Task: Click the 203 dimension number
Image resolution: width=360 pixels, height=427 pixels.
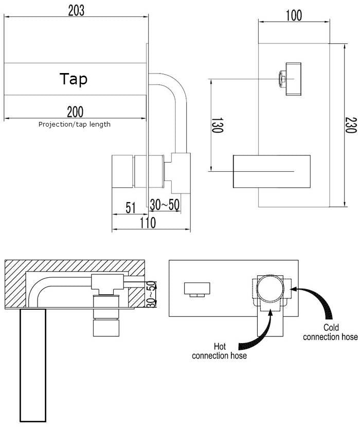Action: [76, 10]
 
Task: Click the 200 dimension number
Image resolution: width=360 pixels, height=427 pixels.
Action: [76, 111]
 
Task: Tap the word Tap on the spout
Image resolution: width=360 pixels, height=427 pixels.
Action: [74, 79]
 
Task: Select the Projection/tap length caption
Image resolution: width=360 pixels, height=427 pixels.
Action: [75, 124]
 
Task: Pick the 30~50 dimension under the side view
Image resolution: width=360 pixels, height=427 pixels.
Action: [165, 205]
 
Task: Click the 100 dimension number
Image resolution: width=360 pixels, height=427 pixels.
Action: [293, 15]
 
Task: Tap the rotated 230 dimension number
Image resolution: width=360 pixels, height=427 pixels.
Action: [350, 124]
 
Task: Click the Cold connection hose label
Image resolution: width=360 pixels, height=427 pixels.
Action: [330, 332]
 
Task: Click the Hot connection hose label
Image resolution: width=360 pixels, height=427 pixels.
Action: [219, 351]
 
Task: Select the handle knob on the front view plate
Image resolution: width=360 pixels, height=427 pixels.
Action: [291, 79]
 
